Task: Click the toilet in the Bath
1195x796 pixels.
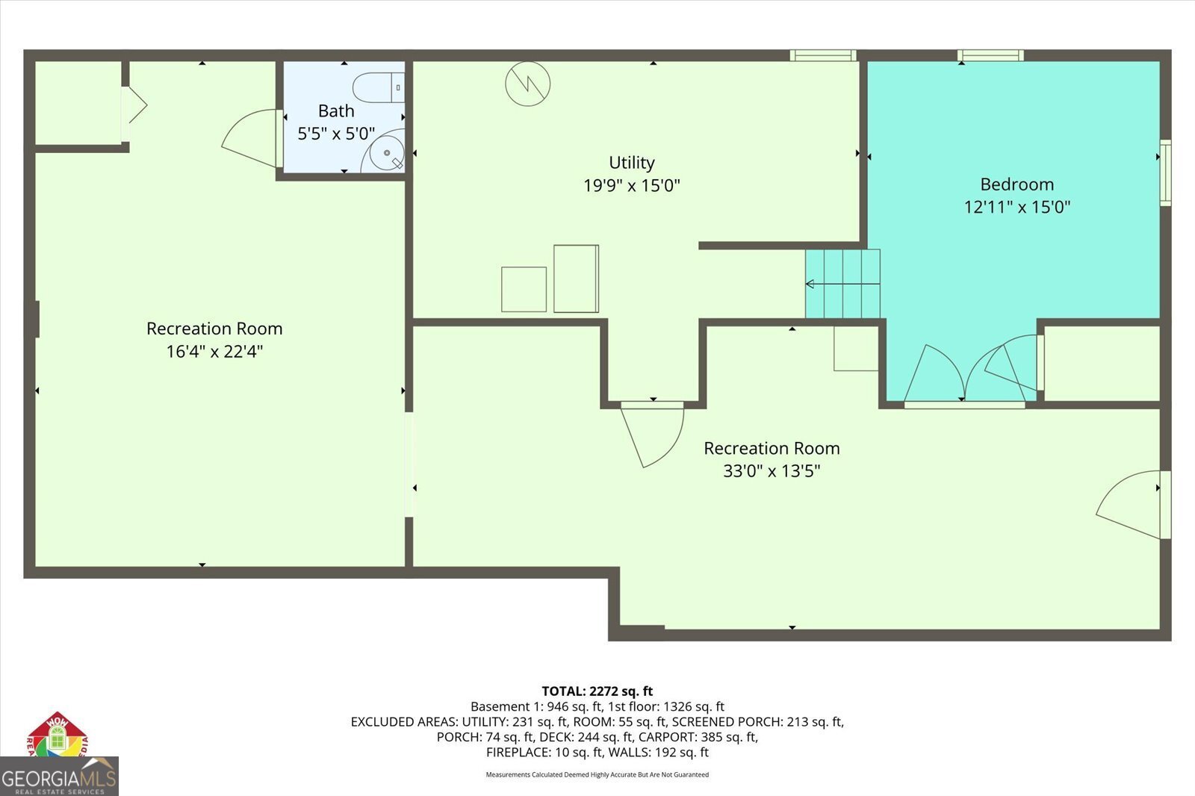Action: click(x=377, y=88)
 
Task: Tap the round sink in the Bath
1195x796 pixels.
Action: click(x=388, y=152)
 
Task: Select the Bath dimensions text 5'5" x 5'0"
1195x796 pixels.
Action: click(x=336, y=134)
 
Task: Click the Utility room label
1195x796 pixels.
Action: click(x=632, y=162)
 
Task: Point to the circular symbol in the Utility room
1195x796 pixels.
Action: click(x=528, y=83)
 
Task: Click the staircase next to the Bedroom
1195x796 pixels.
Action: click(x=842, y=284)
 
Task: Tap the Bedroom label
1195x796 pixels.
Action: click(x=1016, y=184)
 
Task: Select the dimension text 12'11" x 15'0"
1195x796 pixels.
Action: click(x=1016, y=207)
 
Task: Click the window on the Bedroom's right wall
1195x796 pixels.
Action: click(x=1165, y=172)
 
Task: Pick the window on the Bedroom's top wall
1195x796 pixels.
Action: click(x=990, y=55)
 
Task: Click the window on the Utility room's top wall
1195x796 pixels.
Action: click(x=823, y=55)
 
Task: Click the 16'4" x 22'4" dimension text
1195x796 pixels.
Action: click(x=214, y=351)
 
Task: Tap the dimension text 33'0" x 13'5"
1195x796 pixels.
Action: click(x=772, y=470)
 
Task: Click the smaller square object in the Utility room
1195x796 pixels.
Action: click(x=524, y=289)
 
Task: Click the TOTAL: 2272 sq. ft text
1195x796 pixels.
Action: click(x=597, y=691)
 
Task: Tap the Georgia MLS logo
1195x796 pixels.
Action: click(x=59, y=777)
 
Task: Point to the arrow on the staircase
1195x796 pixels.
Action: click(x=811, y=284)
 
